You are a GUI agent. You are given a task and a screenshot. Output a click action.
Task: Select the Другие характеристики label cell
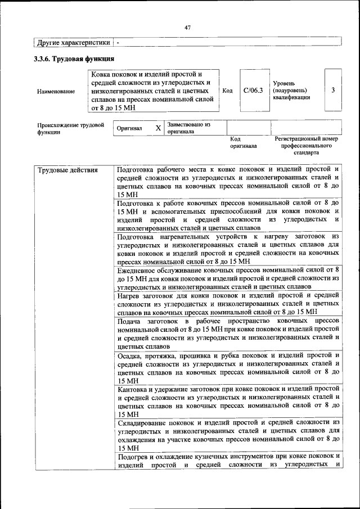click(74, 42)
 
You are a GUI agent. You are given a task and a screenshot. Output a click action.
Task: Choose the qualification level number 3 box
click(333, 90)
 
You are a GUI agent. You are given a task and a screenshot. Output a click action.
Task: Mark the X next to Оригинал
click(158, 128)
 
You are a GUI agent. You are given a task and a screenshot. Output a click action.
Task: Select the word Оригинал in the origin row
click(129, 128)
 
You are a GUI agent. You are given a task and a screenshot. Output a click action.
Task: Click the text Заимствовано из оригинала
click(188, 128)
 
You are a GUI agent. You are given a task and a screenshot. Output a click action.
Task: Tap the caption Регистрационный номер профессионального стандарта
click(306, 145)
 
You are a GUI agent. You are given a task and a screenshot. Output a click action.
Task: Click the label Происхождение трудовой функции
click(70, 128)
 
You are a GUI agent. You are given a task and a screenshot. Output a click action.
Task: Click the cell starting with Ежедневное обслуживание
click(228, 278)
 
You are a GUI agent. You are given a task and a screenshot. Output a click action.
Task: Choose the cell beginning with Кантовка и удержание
click(228, 401)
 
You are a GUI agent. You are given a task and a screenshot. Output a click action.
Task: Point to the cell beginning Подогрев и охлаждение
click(228, 460)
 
